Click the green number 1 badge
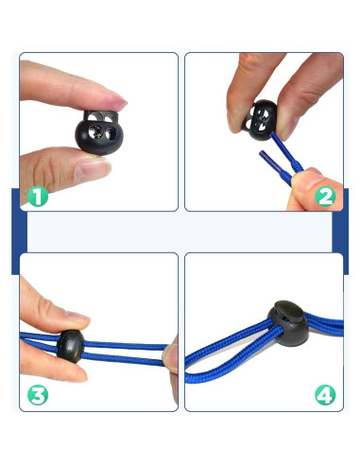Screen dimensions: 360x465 pos(38,197)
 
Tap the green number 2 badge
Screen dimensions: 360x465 pos(325,197)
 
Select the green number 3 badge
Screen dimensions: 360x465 pos(38,395)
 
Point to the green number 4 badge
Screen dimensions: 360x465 pos(325,395)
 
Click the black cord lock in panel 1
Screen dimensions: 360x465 pos(99,132)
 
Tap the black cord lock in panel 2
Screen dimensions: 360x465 pos(260,120)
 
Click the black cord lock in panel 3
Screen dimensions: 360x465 pos(71,347)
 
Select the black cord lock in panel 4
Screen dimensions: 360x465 pos(288,323)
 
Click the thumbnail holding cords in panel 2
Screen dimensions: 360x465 pos(307,182)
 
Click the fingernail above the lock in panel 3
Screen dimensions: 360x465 pos(77,317)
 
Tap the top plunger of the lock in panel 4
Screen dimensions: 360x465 pos(289,309)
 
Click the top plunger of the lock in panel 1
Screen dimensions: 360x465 pos(101,116)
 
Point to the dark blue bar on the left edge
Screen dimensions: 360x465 pos(19,232)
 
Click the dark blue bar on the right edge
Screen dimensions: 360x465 pos(340,232)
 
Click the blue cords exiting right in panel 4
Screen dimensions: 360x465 pos(324,324)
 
